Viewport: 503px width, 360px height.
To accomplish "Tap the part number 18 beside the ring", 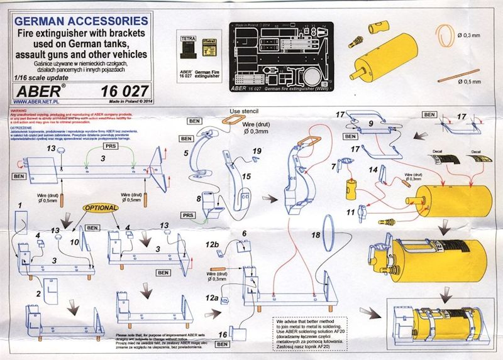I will coord(316,234).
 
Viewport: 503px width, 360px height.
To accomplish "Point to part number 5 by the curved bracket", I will coord(186,153).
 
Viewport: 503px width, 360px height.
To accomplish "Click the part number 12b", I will coord(212,243).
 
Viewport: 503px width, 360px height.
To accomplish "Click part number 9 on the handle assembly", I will coord(371,124).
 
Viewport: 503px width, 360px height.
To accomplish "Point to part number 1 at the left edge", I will coord(19,205).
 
